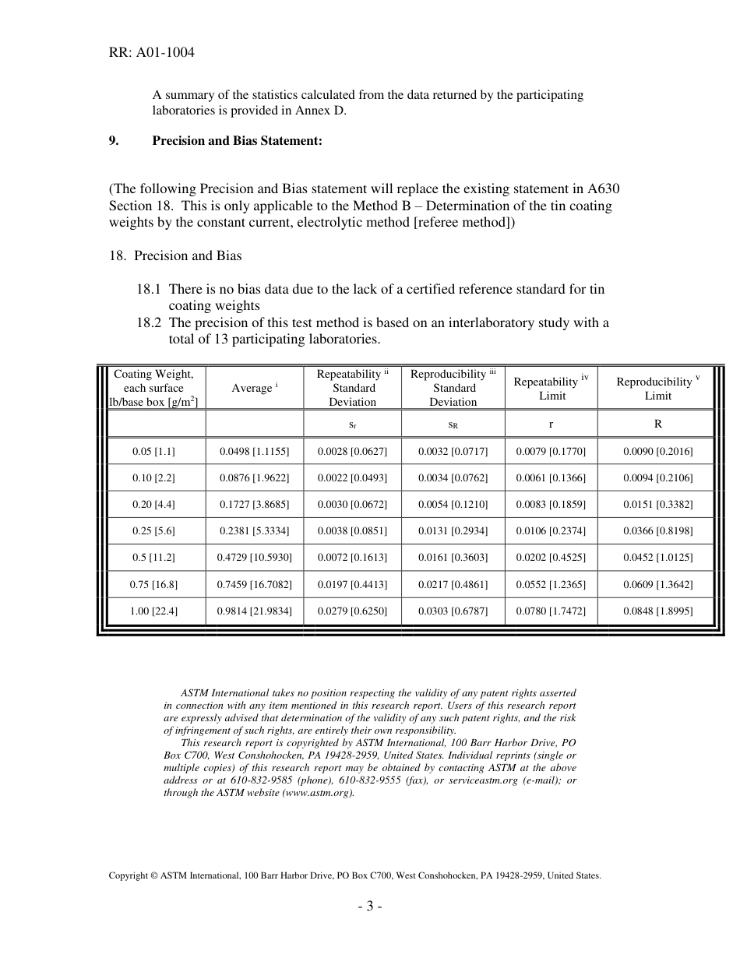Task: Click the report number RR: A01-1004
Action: point(151,53)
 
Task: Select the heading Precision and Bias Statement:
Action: point(237,141)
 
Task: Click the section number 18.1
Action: point(150,289)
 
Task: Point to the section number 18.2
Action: point(150,322)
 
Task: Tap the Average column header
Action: point(254,388)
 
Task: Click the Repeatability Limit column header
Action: point(551,388)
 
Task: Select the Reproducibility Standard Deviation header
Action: point(453,388)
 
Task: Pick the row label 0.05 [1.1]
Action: point(153,451)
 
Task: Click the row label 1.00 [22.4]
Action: point(153,611)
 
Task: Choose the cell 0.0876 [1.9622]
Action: point(254,477)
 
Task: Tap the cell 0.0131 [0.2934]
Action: point(453,531)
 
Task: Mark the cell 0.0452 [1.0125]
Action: point(657,558)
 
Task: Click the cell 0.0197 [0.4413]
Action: point(352,584)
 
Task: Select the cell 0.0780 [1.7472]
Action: point(551,611)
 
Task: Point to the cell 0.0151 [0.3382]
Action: point(657,504)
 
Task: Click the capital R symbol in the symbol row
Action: point(657,424)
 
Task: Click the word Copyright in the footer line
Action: point(128,875)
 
